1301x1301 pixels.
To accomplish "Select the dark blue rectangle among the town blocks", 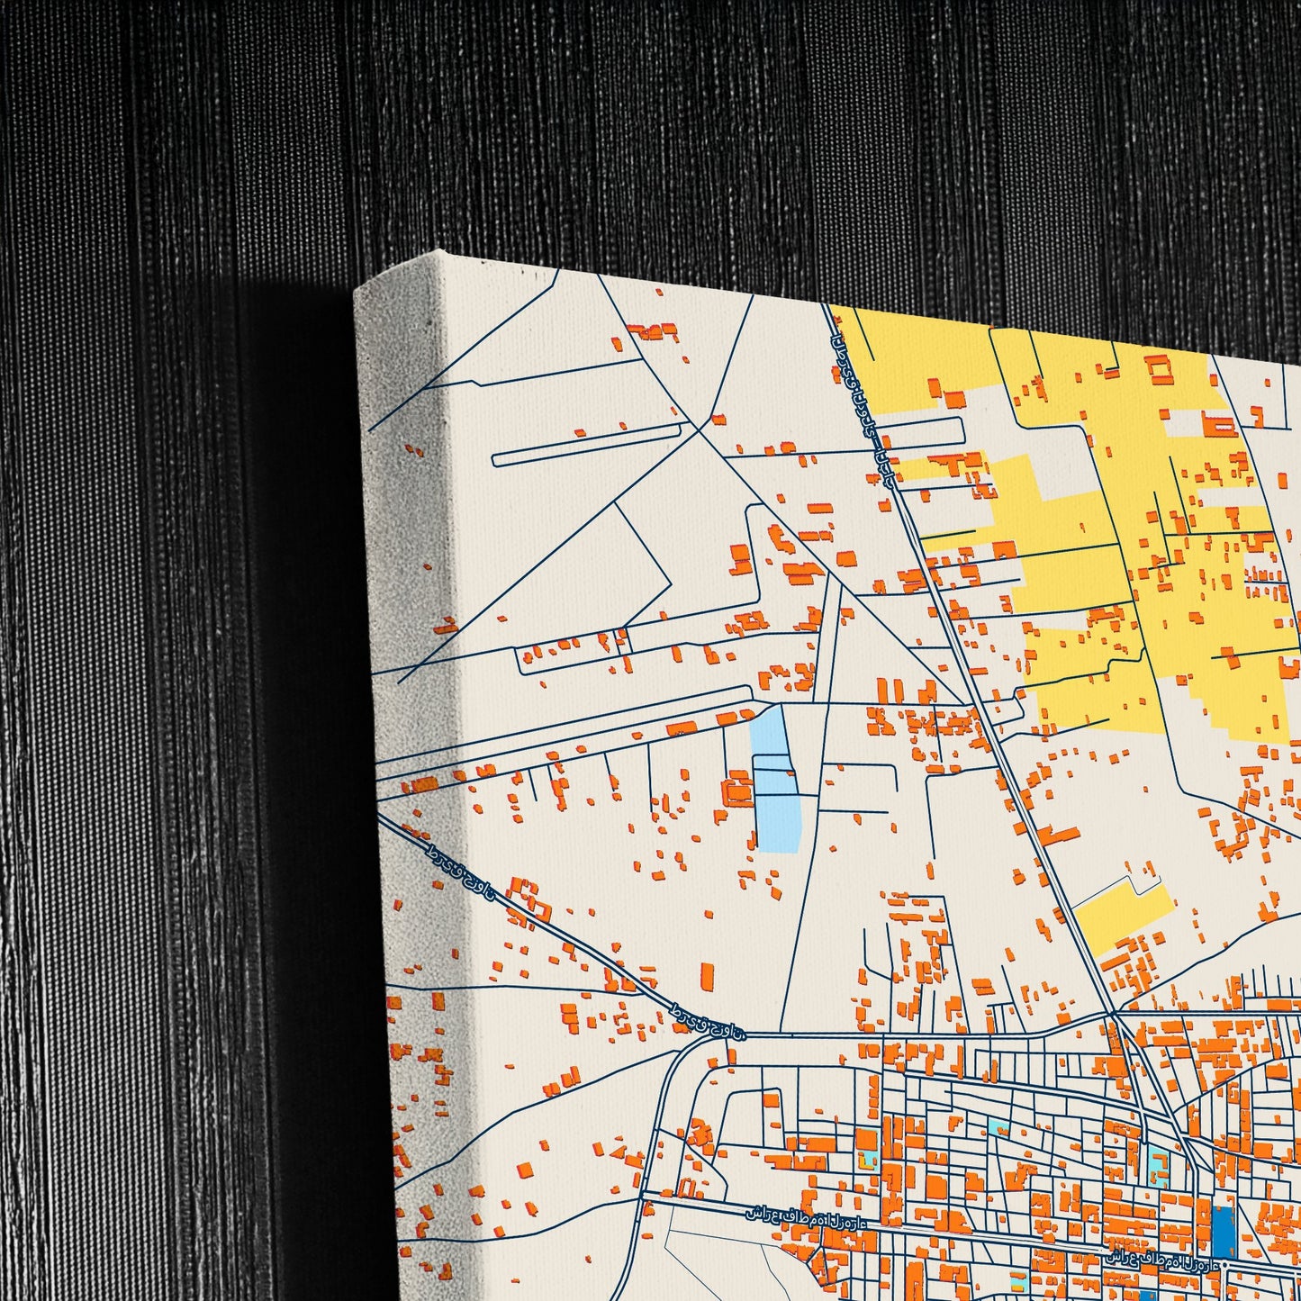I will tap(1222, 1233).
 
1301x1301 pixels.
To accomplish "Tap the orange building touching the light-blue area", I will tap(738, 792).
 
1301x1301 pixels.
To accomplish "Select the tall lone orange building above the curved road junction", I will tap(707, 976).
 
